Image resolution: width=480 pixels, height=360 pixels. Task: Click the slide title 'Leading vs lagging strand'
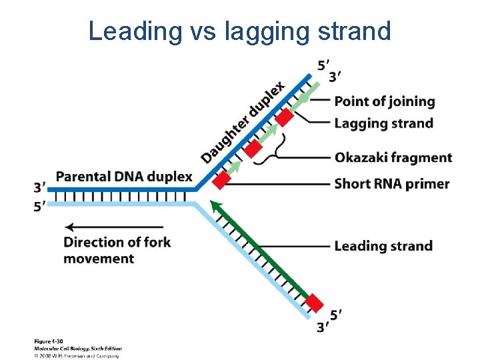(x=240, y=31)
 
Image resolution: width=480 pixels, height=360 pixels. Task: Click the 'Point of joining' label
(x=384, y=101)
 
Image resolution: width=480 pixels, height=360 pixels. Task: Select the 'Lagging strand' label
(x=383, y=123)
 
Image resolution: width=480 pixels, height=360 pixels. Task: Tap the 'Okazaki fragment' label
(x=393, y=158)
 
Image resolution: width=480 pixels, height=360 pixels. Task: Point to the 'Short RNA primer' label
(x=391, y=183)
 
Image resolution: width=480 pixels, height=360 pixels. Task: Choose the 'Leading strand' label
(x=383, y=246)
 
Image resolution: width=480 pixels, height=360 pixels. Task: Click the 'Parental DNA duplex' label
(x=124, y=177)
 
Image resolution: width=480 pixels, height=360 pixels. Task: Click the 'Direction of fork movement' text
(x=117, y=249)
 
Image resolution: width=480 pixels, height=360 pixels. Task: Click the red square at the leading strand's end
(x=315, y=303)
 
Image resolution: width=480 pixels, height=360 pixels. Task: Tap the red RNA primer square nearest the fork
(x=222, y=179)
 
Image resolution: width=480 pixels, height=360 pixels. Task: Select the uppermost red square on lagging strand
(x=285, y=117)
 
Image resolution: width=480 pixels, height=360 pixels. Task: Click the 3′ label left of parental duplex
(x=40, y=187)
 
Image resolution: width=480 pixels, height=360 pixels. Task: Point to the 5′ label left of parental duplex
(x=40, y=207)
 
